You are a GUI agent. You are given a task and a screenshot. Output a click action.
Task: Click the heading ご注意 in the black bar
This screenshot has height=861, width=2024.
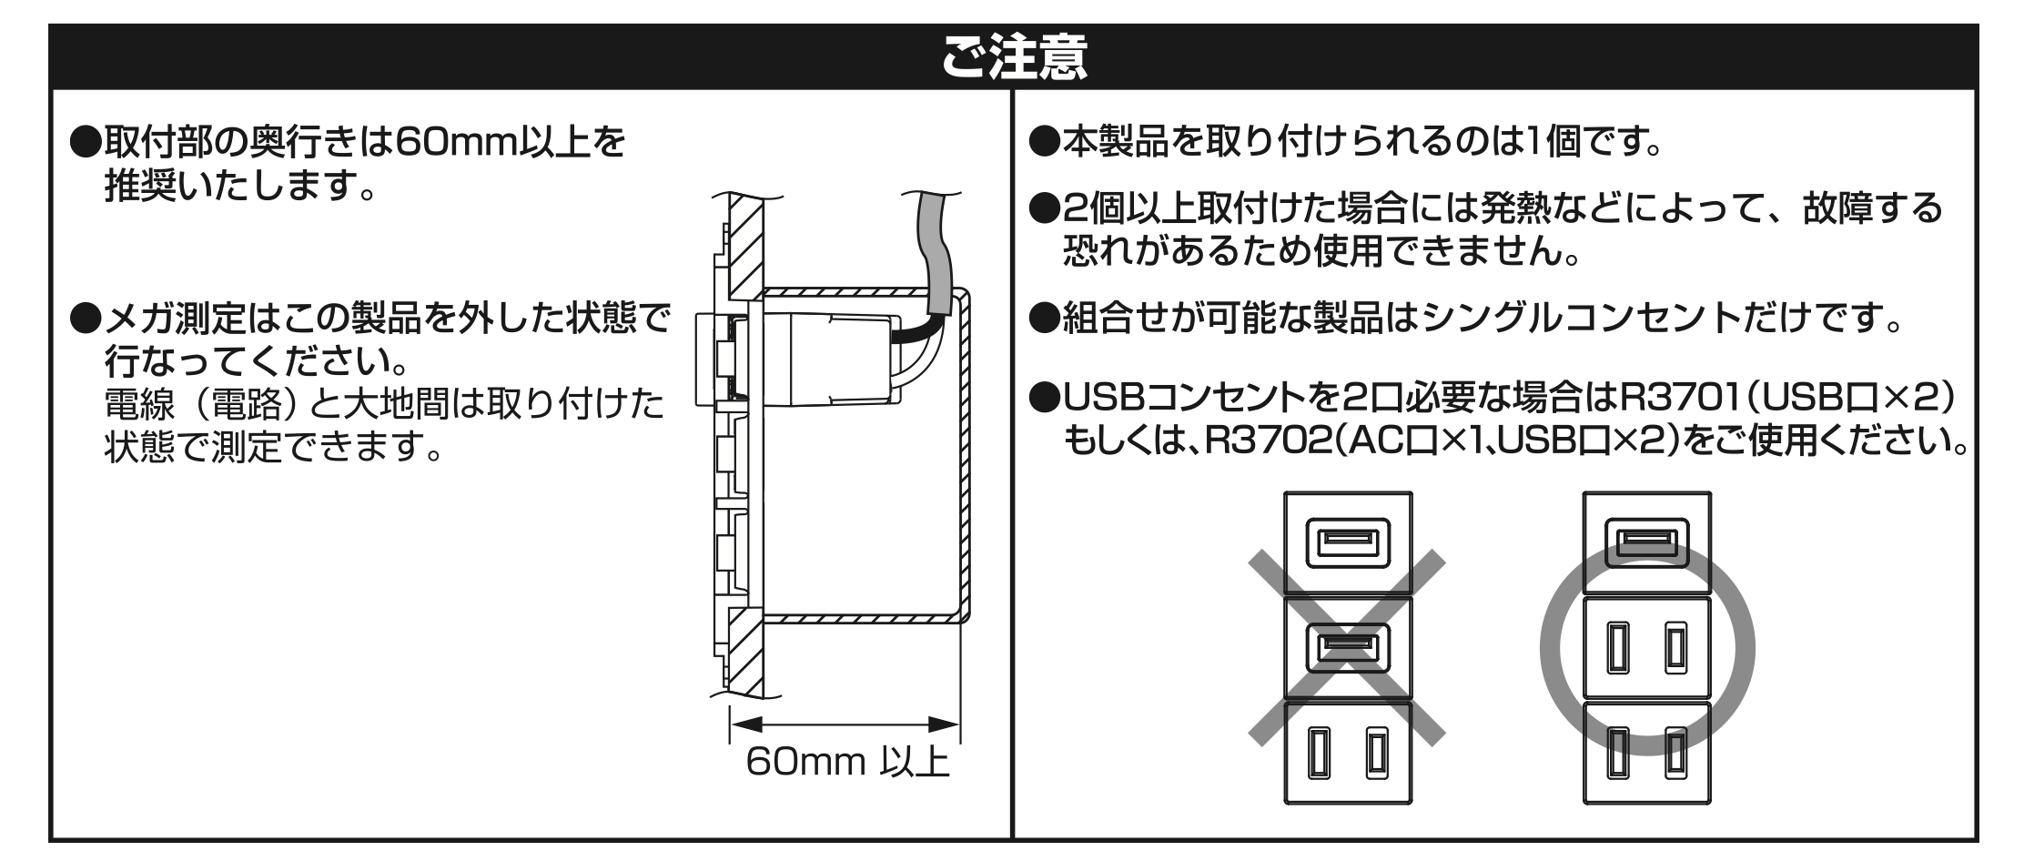point(1014,56)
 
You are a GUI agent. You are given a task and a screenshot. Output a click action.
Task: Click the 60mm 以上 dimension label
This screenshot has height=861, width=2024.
point(846,761)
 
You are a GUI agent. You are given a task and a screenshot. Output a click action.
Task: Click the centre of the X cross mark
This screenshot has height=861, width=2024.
point(1347,648)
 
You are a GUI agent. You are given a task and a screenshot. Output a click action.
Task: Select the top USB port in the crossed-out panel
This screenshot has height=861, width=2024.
point(1347,542)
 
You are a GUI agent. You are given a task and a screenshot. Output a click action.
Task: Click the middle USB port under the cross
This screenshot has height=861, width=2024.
point(1347,648)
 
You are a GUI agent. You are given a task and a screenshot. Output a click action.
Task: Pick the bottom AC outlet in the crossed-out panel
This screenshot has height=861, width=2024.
point(1347,753)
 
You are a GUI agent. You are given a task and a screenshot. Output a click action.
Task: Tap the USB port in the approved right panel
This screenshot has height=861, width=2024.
point(1646,542)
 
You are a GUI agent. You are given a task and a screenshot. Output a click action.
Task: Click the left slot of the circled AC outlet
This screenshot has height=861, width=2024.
point(1616,648)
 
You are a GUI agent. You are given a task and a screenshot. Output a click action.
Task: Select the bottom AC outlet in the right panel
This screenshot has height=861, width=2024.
point(1646,753)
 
